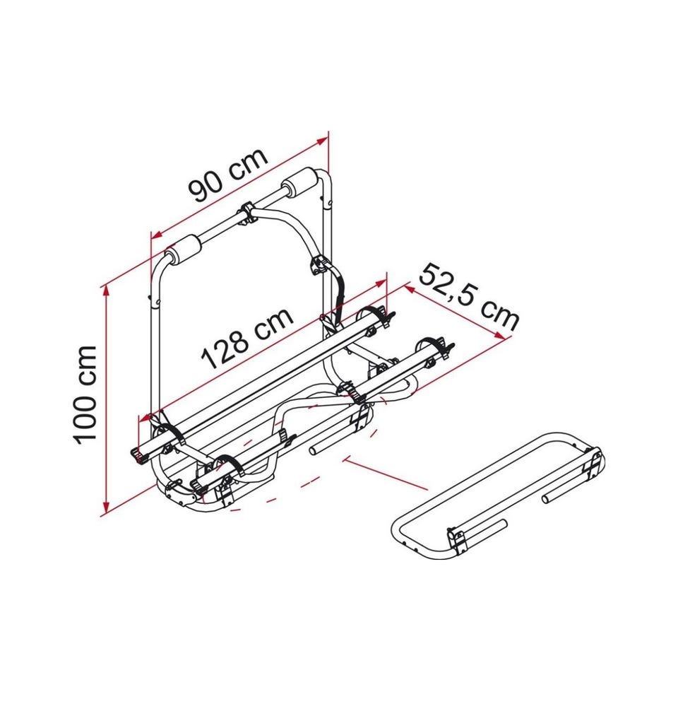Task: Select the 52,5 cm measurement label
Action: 469,297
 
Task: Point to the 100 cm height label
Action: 85,395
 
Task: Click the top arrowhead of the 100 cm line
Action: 107,292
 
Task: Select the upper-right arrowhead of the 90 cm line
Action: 323,141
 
